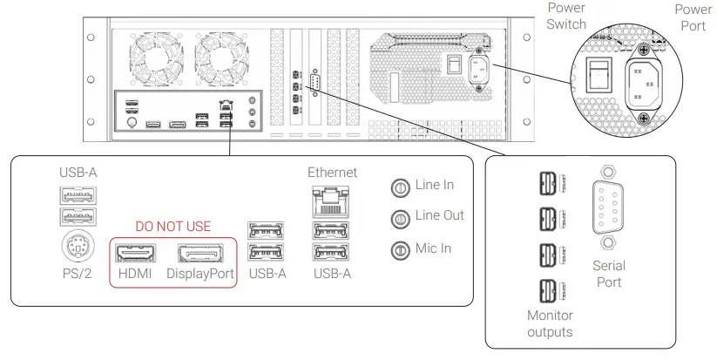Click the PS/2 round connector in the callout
coord(79,249)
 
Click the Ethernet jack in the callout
coord(332,202)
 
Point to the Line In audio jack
coord(402,186)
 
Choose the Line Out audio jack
coord(402,217)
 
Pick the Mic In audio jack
coord(402,249)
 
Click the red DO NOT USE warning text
coord(172,227)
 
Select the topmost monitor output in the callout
coord(545,184)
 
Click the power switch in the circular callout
coord(595,77)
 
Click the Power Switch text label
coord(566,16)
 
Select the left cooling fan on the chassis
coord(158,61)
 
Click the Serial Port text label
coord(608,273)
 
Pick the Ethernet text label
coord(332,173)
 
